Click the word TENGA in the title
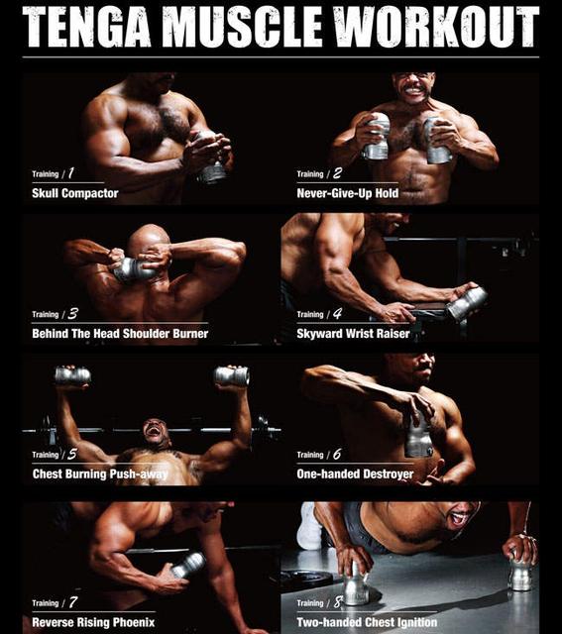tap(86, 27)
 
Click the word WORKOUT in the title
tap(436, 27)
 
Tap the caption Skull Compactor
tap(75, 193)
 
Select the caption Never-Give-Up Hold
tap(348, 193)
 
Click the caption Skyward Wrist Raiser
tap(353, 334)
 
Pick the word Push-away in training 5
tap(139, 474)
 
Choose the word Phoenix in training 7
tap(134, 622)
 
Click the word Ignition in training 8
tap(416, 622)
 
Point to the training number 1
tap(70, 173)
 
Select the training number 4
tap(337, 313)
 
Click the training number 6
tap(337, 454)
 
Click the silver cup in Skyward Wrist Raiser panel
tap(467, 303)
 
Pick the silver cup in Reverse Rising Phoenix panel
tap(188, 565)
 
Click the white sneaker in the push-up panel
tap(309, 526)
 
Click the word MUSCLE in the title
tap(242, 27)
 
